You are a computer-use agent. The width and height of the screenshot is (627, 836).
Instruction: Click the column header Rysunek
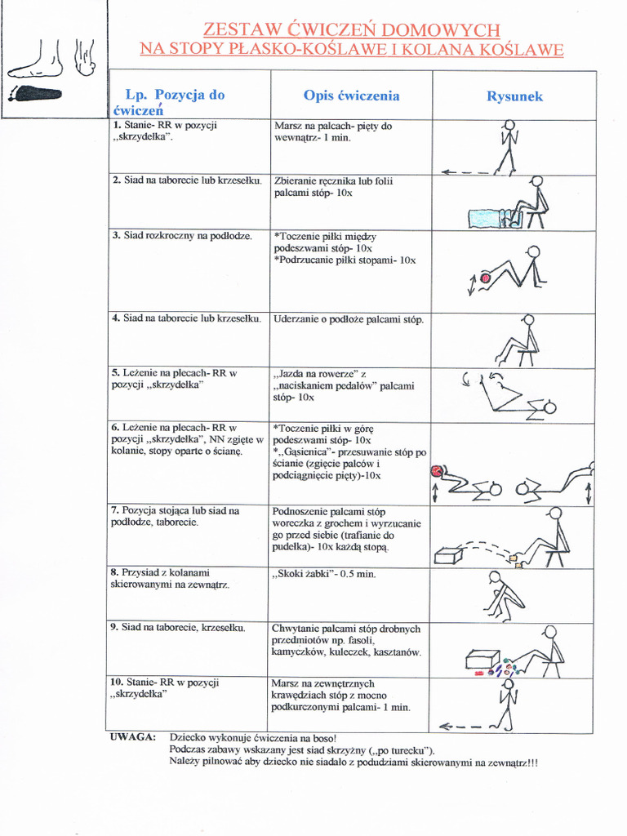click(514, 96)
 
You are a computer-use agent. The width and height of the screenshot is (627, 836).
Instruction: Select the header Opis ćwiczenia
click(351, 96)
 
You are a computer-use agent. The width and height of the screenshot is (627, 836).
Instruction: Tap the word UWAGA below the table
click(133, 737)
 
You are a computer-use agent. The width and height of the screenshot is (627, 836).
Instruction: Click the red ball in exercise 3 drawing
click(485, 278)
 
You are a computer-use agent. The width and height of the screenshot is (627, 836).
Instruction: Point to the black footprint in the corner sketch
click(36, 94)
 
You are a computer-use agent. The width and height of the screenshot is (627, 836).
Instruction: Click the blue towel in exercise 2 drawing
click(487, 219)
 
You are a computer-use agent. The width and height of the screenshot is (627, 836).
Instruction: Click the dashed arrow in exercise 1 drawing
click(465, 172)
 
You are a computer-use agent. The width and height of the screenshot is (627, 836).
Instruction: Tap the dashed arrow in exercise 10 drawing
click(461, 726)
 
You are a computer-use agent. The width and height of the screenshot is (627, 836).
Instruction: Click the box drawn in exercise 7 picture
click(450, 555)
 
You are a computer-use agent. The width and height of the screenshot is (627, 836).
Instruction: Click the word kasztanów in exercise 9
click(398, 652)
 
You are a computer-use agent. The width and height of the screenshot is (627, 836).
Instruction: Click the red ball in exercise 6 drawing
click(436, 471)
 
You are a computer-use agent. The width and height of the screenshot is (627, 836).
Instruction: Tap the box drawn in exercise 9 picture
click(482, 659)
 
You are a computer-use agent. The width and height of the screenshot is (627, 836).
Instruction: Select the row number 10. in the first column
click(117, 683)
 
